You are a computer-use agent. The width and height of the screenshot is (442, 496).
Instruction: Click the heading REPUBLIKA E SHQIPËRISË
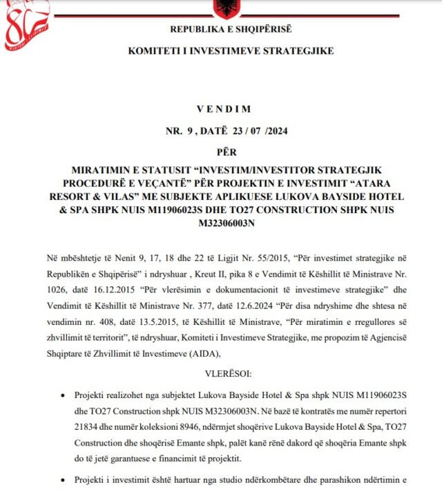231,29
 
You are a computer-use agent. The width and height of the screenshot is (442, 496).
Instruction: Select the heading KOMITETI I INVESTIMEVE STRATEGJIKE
231,52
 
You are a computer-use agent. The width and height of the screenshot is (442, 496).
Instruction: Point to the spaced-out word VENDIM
224,109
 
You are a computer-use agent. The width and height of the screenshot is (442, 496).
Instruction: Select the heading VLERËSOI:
224,373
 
